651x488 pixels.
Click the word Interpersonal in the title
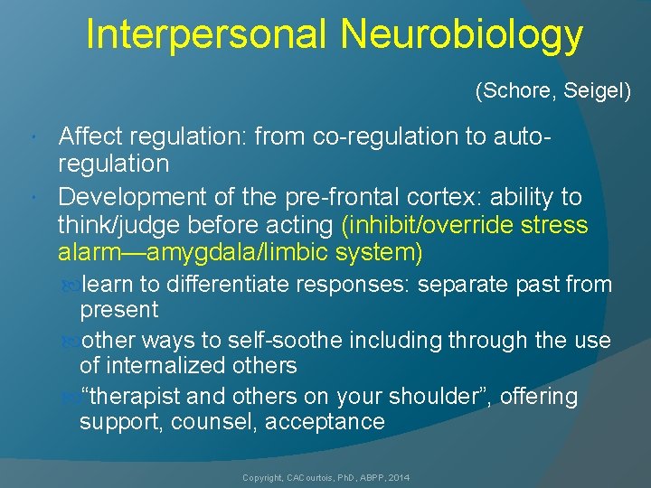click(x=207, y=35)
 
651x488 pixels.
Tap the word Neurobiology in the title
click(x=462, y=35)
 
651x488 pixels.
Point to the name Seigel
click(x=597, y=91)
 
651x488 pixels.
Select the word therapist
click(x=132, y=397)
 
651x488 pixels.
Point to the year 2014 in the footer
click(x=397, y=476)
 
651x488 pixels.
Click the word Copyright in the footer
click(x=262, y=476)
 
